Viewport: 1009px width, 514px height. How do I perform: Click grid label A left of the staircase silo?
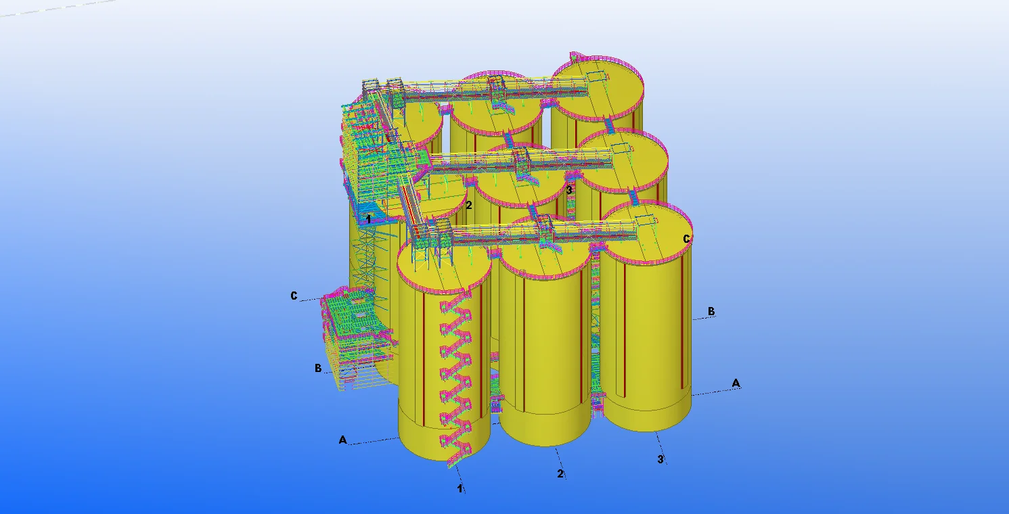click(x=343, y=440)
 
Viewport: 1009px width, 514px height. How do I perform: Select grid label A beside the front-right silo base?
click(x=736, y=383)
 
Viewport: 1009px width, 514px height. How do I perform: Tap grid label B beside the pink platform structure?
click(x=318, y=368)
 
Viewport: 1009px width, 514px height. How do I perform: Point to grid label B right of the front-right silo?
click(x=711, y=311)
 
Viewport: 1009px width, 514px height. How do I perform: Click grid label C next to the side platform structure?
click(x=294, y=296)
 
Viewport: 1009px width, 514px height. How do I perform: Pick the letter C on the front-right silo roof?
click(x=686, y=239)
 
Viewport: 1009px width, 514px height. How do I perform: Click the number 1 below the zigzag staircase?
click(x=460, y=488)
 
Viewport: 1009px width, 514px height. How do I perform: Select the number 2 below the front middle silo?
click(x=560, y=473)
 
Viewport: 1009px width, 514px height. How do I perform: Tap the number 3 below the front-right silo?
click(x=660, y=459)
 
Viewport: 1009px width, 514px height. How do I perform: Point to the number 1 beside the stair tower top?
click(x=368, y=219)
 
